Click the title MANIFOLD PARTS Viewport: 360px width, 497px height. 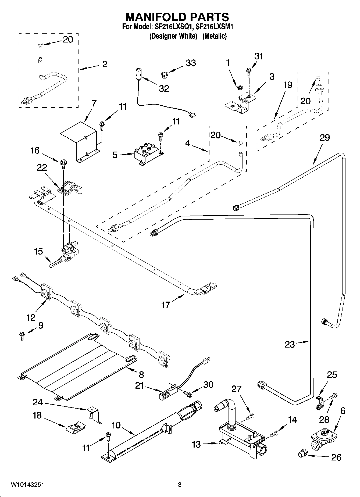[x=177, y=17]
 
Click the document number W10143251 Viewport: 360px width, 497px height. [x=27, y=485]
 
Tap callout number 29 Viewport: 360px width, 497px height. [x=325, y=138]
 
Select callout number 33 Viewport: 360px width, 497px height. [x=191, y=63]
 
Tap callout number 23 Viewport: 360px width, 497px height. [x=290, y=344]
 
